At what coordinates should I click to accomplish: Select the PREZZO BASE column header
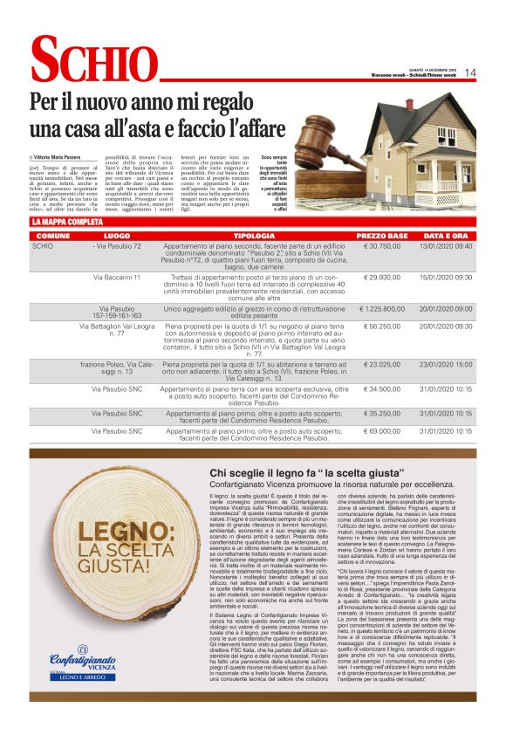coord(381,237)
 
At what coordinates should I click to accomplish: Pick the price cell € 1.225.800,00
coord(381,308)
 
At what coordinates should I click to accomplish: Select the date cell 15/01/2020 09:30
coord(446,277)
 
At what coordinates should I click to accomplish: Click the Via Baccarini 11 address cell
coord(117,277)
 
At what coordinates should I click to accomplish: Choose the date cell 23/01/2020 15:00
coord(446,363)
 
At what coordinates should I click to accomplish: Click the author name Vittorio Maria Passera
coord(64,155)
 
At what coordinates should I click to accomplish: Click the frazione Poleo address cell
coord(117,367)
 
